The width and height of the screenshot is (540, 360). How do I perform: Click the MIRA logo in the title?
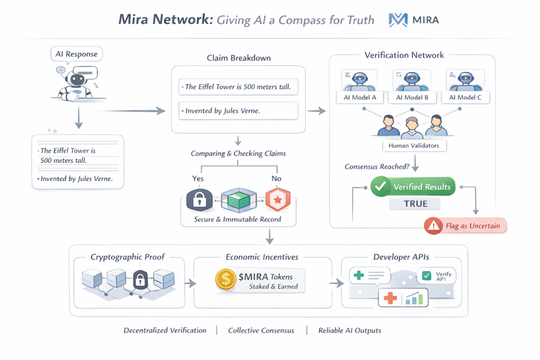pyautogui.click(x=413, y=20)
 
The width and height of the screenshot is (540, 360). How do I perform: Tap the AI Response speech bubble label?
pyautogui.click(x=77, y=54)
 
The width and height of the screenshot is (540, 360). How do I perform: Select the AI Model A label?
pyautogui.click(x=360, y=97)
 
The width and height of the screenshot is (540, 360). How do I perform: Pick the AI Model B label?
pyautogui.click(x=412, y=97)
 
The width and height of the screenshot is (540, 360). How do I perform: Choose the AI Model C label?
pyautogui.click(x=465, y=97)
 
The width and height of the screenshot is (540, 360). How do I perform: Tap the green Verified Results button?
pyautogui.click(x=412, y=187)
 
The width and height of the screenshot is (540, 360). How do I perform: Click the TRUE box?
pyautogui.click(x=415, y=203)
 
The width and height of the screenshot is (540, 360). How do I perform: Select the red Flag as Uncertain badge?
pyautogui.click(x=465, y=226)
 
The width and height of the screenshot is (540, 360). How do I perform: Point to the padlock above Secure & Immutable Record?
pyautogui.click(x=200, y=200)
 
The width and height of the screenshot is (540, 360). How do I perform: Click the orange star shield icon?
pyautogui.click(x=278, y=200)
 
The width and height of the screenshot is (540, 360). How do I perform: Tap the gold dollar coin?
pyautogui.click(x=226, y=280)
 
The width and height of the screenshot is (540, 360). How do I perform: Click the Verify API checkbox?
pyautogui.click(x=427, y=276)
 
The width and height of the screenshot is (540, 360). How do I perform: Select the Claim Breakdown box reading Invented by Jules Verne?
pyautogui.click(x=238, y=111)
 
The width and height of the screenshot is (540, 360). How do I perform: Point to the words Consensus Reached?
pyautogui.click(x=376, y=167)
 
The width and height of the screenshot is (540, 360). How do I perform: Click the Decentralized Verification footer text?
pyautogui.click(x=165, y=331)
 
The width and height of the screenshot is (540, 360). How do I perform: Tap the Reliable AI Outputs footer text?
pyautogui.click(x=350, y=331)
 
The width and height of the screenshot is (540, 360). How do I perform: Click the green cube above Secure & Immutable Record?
pyautogui.click(x=239, y=200)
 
